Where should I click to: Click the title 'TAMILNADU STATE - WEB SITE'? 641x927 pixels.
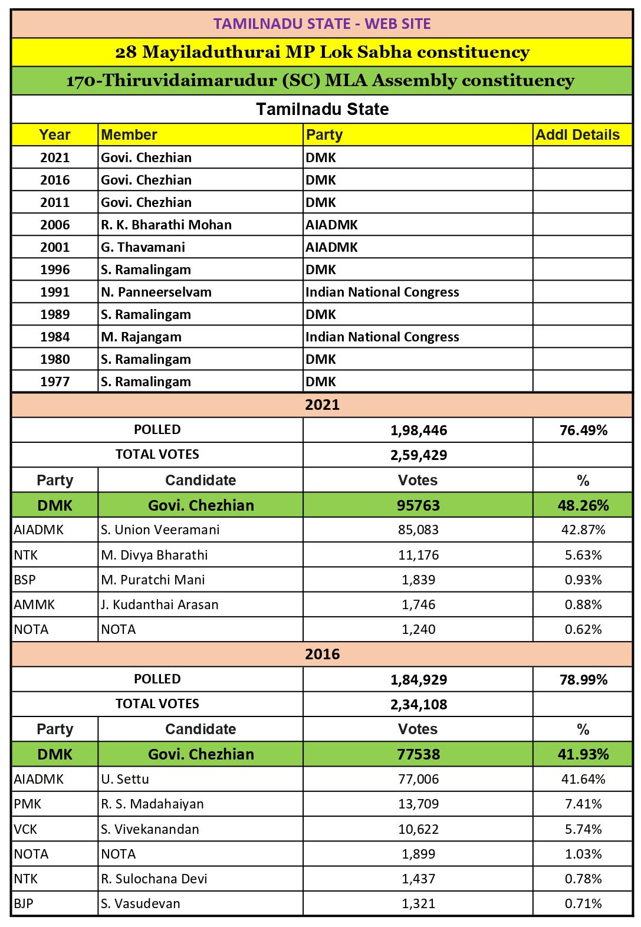pyautogui.click(x=322, y=24)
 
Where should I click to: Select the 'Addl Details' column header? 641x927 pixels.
pyautogui.click(x=577, y=134)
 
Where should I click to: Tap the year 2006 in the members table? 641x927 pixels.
pyautogui.click(x=55, y=225)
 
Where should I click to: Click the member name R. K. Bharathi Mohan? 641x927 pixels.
pyautogui.click(x=166, y=225)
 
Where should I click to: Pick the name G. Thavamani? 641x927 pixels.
pyautogui.click(x=143, y=247)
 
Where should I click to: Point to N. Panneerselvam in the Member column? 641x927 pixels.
pyautogui.click(x=156, y=292)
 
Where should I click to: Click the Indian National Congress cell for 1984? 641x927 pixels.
pyautogui.click(x=382, y=337)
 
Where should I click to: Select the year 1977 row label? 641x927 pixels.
pyautogui.click(x=55, y=382)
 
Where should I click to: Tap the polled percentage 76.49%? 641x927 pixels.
pyautogui.click(x=583, y=430)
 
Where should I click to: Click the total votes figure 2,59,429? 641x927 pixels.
pyautogui.click(x=419, y=455)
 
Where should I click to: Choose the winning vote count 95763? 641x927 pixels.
pyautogui.click(x=419, y=505)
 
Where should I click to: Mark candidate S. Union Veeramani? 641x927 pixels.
pyautogui.click(x=160, y=530)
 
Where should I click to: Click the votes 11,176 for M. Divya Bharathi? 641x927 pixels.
pyautogui.click(x=419, y=555)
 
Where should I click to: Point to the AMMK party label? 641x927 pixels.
pyautogui.click(x=34, y=604)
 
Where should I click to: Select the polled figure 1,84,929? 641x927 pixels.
pyautogui.click(x=419, y=679)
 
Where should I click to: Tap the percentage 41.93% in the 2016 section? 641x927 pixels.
pyautogui.click(x=583, y=754)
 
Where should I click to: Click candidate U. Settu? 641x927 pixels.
pyautogui.click(x=125, y=779)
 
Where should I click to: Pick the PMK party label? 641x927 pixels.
pyautogui.click(x=28, y=804)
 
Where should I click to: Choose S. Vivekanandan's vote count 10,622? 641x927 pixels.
pyautogui.click(x=419, y=829)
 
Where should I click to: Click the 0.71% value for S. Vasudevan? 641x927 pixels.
pyautogui.click(x=583, y=903)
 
